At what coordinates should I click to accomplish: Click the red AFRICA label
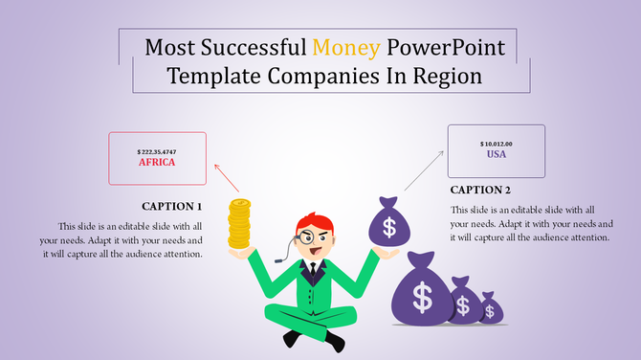coord(158,162)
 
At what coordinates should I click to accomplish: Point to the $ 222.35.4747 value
coord(157,151)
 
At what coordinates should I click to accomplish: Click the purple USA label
coord(496,154)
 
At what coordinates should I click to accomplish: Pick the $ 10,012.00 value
coord(496,144)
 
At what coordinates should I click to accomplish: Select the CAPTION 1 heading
coord(172,206)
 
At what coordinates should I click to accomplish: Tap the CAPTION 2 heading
coord(481,190)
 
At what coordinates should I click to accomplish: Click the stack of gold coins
coord(239,225)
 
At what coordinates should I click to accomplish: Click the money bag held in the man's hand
coord(387,223)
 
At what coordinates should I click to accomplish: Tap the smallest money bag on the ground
coord(491,308)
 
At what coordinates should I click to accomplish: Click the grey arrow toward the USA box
coord(424,169)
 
